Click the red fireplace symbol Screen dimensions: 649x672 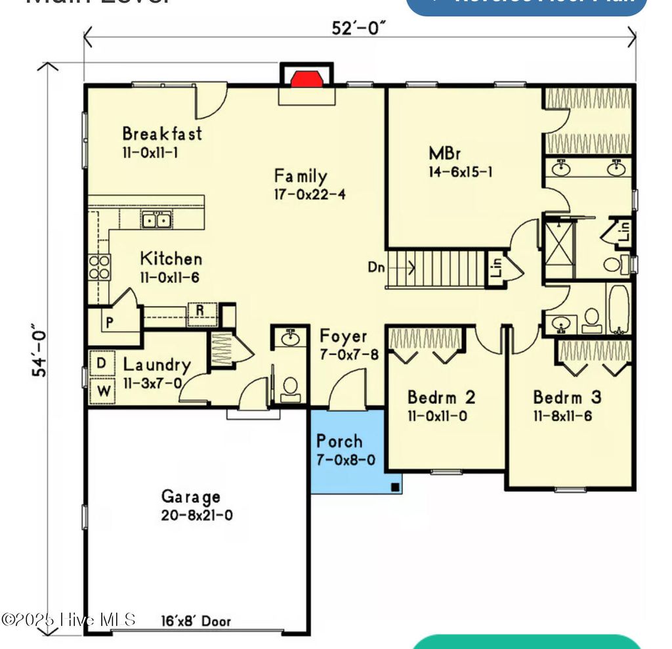click(x=306, y=79)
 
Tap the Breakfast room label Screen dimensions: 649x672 click(x=162, y=134)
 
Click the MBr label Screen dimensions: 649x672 click(x=445, y=154)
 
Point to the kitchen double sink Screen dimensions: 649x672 click(x=157, y=220)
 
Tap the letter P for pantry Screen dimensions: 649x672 click(x=108, y=323)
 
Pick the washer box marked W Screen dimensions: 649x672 click(x=102, y=391)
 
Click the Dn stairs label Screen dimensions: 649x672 click(x=376, y=267)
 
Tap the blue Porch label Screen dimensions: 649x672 click(x=339, y=441)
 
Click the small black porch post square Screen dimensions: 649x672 click(x=395, y=487)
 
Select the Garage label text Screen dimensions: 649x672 click(x=191, y=497)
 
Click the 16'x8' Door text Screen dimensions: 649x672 click(x=196, y=621)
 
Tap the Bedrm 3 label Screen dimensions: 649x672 click(x=567, y=397)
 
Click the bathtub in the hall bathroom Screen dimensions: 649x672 click(x=618, y=309)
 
